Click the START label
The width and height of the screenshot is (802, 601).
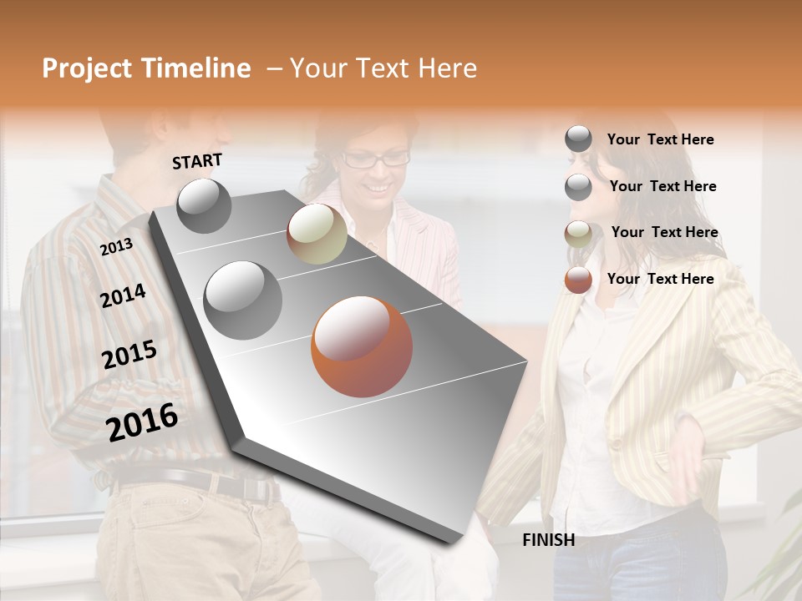pos(197,161)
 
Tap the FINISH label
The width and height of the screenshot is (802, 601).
pos(548,540)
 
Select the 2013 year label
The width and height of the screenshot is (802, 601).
pos(116,246)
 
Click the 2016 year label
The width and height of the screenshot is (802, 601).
pos(142,422)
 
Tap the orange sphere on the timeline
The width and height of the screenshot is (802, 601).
pos(362,346)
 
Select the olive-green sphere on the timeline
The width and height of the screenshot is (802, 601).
pos(317,235)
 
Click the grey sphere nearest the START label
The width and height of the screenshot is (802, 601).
pos(204,205)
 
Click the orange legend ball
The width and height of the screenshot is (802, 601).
pos(578,280)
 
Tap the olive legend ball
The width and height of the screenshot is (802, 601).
pos(578,234)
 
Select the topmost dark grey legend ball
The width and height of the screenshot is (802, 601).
pos(578,139)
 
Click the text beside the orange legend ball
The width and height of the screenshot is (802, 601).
pos(660,279)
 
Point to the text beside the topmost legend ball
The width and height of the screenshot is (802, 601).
pos(660,139)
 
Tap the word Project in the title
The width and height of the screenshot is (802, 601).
pos(87,68)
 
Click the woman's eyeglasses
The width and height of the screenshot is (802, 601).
pos(375,158)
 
